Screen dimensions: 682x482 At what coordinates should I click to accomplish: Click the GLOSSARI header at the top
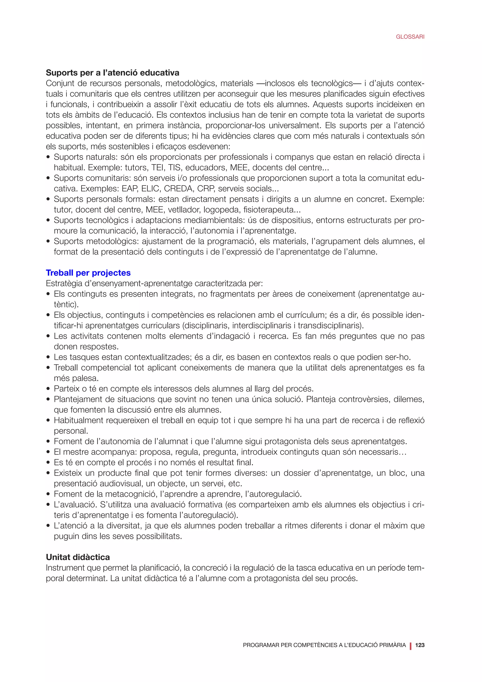click(410, 37)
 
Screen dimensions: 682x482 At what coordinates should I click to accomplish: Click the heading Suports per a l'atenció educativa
click(112, 73)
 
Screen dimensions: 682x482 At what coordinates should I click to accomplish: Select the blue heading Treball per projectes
click(88, 273)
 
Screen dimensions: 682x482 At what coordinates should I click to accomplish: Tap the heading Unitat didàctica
click(78, 557)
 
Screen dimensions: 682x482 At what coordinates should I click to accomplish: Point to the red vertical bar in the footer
click(411, 645)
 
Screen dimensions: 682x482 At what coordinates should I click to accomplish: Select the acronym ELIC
click(150, 189)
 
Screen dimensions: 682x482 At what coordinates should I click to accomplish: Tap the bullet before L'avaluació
click(48, 505)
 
